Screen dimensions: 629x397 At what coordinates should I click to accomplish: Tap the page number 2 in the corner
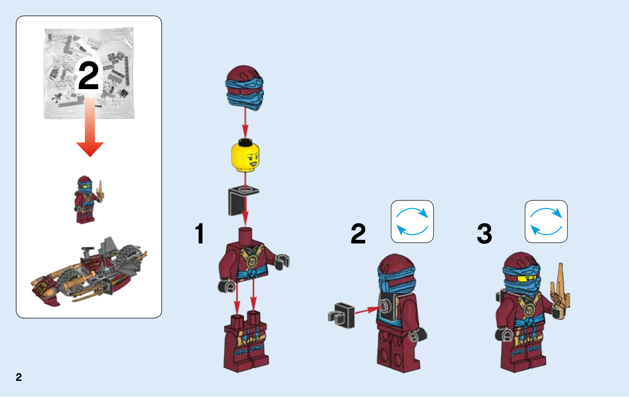[19, 377]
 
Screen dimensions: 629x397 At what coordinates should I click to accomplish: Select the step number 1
[200, 233]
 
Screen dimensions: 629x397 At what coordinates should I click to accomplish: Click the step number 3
[484, 233]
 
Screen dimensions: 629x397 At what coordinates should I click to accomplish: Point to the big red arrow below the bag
[90, 128]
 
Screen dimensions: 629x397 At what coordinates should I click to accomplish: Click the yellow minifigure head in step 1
[245, 156]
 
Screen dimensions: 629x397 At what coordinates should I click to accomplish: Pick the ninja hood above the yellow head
[244, 88]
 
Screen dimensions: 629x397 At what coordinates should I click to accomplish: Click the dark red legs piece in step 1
[246, 341]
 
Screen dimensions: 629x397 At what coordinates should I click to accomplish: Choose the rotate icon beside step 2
[412, 221]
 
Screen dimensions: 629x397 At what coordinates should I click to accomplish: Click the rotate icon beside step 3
[546, 221]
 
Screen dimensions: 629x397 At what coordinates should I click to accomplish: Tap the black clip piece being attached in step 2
[342, 315]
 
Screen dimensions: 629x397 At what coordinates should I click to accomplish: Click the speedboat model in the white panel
[89, 272]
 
